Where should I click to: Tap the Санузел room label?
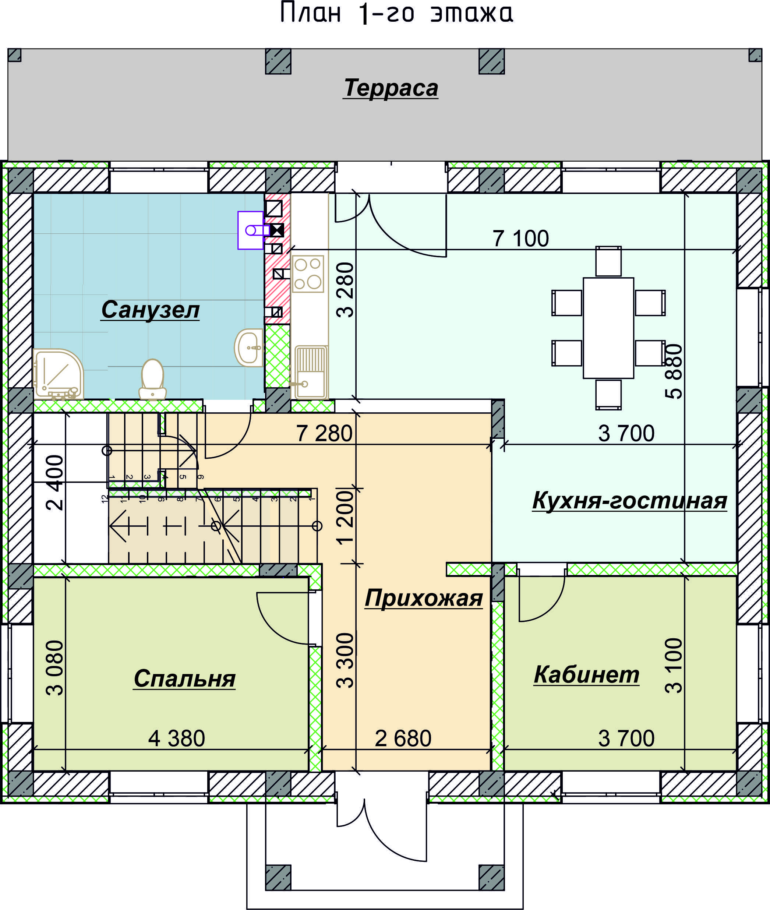pos(150,310)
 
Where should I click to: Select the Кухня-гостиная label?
pos(629,500)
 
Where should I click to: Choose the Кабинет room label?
pos(586,674)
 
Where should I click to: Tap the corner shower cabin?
pos(59,374)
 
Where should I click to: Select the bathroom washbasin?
pos(249,348)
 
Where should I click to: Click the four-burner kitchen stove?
pos(308,274)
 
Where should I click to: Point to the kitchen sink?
pos(311,372)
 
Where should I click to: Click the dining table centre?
pos(608,328)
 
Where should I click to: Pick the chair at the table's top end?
pos(608,261)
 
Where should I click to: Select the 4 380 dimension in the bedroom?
pos(177,738)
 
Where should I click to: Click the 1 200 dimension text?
pos(345,517)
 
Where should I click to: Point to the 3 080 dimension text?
pos(55,667)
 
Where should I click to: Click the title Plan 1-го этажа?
pos(396,13)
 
